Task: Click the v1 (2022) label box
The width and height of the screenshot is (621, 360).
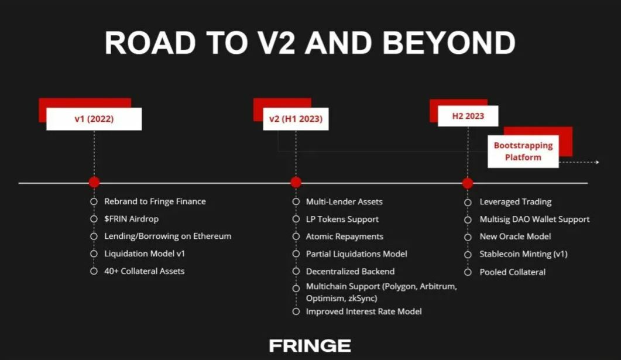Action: (94, 119)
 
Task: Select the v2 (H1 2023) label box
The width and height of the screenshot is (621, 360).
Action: (296, 119)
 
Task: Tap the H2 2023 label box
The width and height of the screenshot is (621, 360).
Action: (468, 116)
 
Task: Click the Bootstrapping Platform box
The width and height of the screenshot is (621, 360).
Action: (523, 151)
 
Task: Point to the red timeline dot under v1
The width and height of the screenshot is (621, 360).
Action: (94, 182)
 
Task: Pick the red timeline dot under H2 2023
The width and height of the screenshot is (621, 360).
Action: (468, 183)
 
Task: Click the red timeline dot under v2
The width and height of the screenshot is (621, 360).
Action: (296, 182)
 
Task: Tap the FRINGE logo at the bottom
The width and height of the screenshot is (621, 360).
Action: (310, 346)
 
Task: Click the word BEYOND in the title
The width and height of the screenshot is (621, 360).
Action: (449, 43)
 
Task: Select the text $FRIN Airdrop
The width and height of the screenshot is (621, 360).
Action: (132, 218)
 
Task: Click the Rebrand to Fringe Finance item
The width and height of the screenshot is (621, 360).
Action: (155, 201)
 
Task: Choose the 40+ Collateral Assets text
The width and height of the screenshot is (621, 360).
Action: (144, 271)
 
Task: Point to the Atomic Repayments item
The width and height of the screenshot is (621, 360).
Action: (345, 236)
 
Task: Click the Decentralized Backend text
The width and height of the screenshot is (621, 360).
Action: (350, 271)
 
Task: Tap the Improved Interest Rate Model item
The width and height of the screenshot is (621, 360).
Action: (363, 311)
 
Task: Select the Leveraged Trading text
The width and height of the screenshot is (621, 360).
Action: (515, 201)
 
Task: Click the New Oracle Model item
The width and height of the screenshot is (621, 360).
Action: (515, 236)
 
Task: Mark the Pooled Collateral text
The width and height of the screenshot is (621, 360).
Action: (513, 272)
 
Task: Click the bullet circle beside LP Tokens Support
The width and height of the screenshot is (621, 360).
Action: (296, 219)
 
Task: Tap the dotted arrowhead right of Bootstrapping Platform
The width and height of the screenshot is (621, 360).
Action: (597, 162)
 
